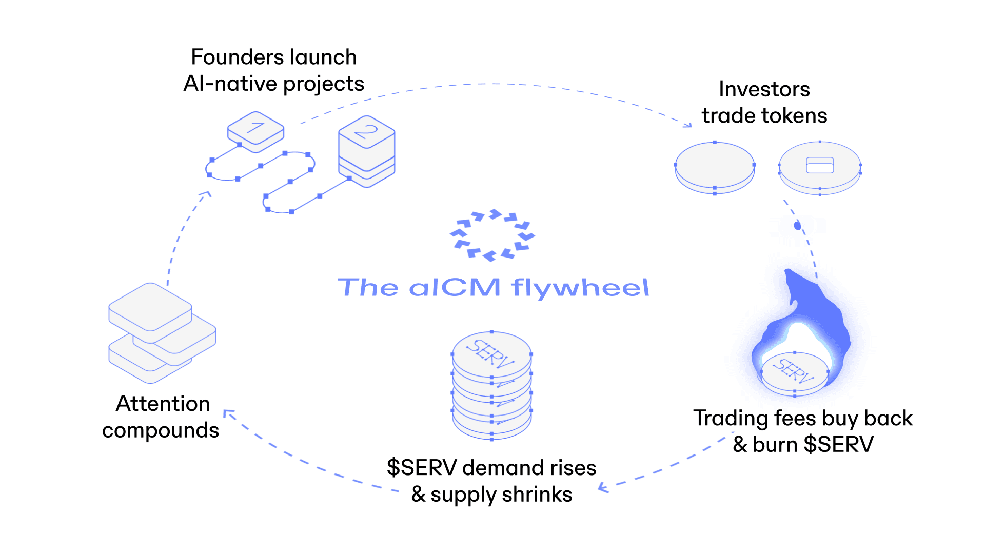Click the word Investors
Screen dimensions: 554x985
click(x=764, y=89)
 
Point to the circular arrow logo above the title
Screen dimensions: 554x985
click(x=492, y=235)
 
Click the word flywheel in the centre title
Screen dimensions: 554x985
click(x=580, y=287)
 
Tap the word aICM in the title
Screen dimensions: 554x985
click(x=455, y=287)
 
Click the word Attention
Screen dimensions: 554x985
click(x=163, y=404)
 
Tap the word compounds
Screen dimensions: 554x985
click(x=160, y=430)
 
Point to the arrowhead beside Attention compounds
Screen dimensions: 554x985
click(x=228, y=413)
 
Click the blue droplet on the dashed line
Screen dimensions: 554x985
click(x=797, y=225)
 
